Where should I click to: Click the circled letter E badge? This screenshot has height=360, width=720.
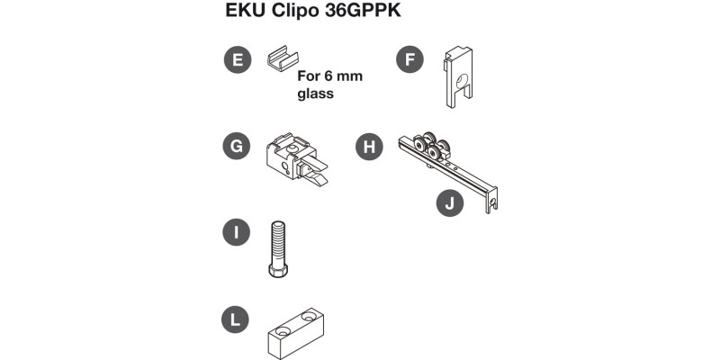(x=237, y=61)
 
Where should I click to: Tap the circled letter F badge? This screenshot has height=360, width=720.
(x=410, y=61)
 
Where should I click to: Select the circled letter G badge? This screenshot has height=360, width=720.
(x=237, y=147)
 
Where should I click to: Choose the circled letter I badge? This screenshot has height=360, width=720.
(x=237, y=231)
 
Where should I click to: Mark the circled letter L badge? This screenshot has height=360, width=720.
(x=237, y=319)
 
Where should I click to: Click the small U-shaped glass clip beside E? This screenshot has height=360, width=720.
(x=281, y=61)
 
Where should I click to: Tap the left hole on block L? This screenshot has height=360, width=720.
(x=280, y=331)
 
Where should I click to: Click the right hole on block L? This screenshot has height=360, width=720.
(x=311, y=317)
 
